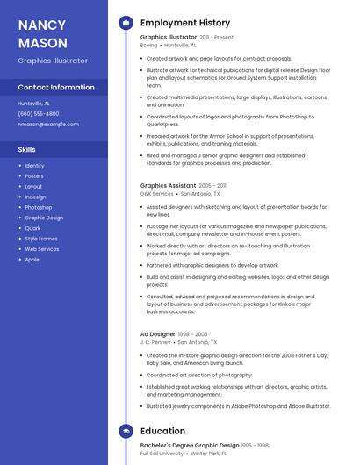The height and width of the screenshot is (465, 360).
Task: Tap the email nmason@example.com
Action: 48,124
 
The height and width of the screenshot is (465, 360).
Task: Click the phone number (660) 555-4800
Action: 39,113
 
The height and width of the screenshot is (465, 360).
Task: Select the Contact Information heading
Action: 56,88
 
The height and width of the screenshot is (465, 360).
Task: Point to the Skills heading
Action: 27,149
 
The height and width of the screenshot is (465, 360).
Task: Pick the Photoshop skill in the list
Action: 39,207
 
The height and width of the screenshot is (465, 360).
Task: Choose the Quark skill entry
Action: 32,228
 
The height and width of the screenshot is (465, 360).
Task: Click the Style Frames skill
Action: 41,239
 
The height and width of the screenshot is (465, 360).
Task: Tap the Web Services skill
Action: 42,249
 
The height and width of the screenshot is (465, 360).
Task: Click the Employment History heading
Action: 185,23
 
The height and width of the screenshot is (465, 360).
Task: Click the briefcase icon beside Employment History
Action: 126,23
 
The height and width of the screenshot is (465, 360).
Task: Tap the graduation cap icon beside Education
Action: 126,431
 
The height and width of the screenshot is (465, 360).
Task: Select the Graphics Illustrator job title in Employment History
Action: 169,38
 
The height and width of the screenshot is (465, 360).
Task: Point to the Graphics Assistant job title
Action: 168,186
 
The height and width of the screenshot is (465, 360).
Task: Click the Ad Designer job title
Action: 158,334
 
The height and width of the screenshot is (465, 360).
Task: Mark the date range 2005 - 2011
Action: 212,186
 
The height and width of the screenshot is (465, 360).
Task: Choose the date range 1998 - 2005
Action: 193,334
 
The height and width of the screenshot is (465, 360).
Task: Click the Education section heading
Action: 162,431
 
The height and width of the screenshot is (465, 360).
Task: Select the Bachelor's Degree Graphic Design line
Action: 191,446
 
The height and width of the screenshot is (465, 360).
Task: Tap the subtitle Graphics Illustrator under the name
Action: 53,61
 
